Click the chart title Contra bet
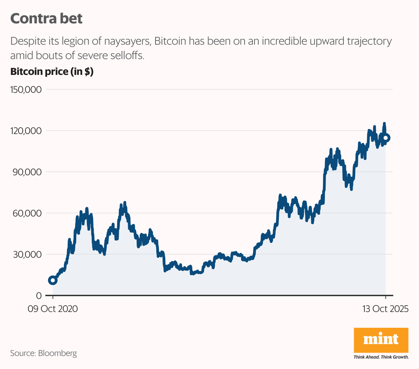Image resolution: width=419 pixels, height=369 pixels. tap(46, 19)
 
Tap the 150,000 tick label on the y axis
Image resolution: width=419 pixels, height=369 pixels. tap(26, 90)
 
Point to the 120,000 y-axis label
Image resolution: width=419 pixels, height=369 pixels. tap(26, 131)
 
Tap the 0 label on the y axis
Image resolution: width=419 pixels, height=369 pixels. tap(39, 296)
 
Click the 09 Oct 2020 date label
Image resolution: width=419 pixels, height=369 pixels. tap(53, 309)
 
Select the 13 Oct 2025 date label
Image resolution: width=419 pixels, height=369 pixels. tap(385, 309)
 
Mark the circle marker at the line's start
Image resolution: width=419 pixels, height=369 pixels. tap(53, 280)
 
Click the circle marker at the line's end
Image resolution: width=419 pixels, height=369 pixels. tap(386, 138)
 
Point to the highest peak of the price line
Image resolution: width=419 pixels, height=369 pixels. tap(384, 123)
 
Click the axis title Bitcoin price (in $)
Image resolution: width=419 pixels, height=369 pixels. tap(52, 72)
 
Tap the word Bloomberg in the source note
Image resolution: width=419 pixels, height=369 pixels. tap(57, 353)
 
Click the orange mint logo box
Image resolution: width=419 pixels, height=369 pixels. tap(381, 340)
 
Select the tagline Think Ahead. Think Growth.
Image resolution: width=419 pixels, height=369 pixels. tap(381, 357)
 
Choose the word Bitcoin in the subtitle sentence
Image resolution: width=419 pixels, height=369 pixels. tap(170, 41)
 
